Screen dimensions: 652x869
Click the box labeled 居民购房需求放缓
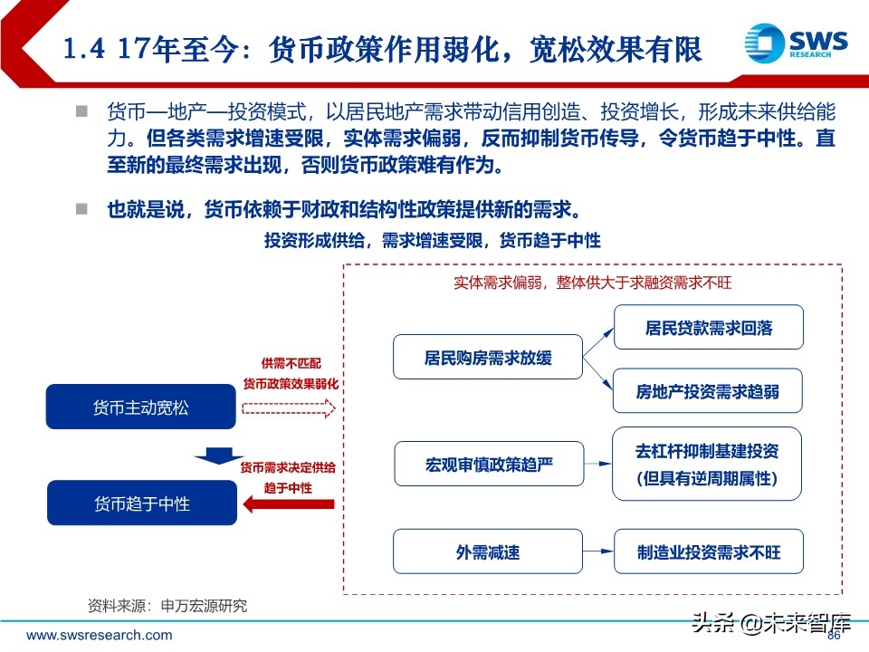[x=487, y=358]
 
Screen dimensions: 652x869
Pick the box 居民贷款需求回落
[x=708, y=327]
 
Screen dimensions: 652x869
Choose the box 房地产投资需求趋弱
[x=708, y=392]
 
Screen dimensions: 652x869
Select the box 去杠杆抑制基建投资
[x=708, y=464]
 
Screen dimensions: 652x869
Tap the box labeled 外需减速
[x=487, y=551]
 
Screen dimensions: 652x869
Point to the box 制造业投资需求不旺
[x=708, y=551]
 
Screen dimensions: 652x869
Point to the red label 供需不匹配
[x=288, y=362]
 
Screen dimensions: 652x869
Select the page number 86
[x=834, y=636]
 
